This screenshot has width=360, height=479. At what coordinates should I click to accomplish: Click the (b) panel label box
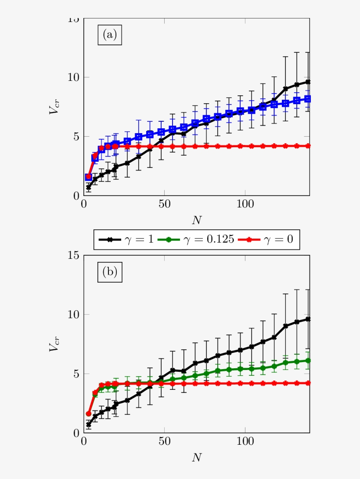(x=110, y=272)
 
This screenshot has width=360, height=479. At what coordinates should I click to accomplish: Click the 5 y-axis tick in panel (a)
(x=76, y=137)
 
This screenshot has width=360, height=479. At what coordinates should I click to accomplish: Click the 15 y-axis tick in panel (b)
(x=73, y=255)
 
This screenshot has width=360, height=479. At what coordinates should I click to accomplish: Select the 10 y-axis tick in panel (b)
(x=73, y=315)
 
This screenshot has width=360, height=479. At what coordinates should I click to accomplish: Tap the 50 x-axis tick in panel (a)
(x=164, y=204)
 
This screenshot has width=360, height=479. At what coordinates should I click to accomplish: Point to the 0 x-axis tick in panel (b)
(x=84, y=442)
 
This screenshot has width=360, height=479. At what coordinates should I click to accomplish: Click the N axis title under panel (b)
(x=197, y=457)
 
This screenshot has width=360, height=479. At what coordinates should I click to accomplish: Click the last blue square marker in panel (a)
(x=308, y=99)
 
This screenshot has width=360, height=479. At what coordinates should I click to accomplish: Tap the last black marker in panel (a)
(x=308, y=82)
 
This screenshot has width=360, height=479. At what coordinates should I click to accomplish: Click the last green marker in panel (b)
(x=308, y=360)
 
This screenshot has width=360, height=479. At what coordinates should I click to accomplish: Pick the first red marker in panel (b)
(x=89, y=414)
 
